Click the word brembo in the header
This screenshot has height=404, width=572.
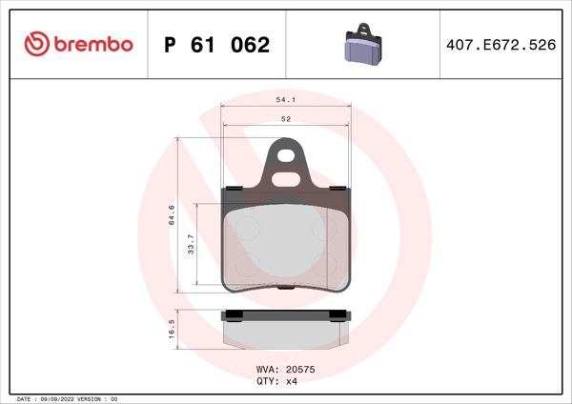coord(92,45)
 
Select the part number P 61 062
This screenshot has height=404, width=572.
coord(217,45)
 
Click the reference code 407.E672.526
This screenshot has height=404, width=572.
coord(500,45)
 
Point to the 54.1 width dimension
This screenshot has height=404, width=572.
coord(285,98)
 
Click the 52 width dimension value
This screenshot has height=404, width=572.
coord(285,119)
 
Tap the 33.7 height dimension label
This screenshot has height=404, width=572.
coord(191,245)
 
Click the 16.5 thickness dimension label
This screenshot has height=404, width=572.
coord(171,330)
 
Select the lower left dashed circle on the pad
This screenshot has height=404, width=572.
coord(243,263)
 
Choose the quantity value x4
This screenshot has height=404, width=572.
coord(293,380)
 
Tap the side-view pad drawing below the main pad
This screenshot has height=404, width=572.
coord(285,329)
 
